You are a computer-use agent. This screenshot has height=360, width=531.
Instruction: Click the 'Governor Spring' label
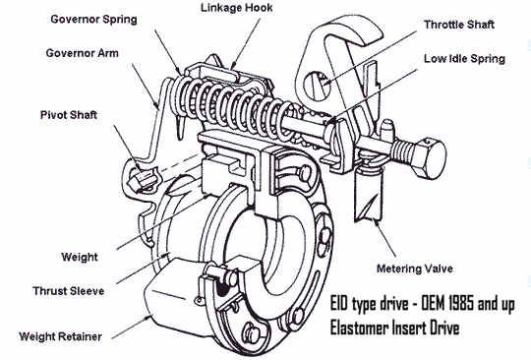[x=93, y=20]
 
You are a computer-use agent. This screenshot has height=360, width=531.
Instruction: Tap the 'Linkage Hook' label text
[x=237, y=8]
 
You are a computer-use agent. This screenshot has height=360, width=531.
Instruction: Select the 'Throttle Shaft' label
[x=459, y=25]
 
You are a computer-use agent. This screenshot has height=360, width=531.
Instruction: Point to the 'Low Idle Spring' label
[x=464, y=59]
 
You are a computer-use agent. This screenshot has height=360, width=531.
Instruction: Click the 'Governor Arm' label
[x=83, y=53]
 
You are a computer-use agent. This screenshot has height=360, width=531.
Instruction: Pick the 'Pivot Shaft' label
[x=69, y=115]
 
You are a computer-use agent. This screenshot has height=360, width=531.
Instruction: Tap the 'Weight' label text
[x=80, y=257]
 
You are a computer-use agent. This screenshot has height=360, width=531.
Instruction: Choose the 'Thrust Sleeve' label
[x=69, y=291]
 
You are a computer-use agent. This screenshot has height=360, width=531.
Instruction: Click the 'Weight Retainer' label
[x=61, y=336]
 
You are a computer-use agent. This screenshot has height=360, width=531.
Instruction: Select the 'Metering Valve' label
[x=415, y=269]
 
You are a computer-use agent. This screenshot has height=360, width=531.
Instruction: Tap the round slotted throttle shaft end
[x=317, y=86]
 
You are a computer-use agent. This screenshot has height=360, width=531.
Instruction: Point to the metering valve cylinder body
[x=368, y=197]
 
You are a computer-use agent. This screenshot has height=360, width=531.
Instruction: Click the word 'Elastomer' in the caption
[x=359, y=329]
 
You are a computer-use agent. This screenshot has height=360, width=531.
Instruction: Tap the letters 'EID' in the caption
[x=339, y=304]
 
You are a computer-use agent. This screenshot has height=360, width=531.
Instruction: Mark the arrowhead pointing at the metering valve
[x=376, y=223]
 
